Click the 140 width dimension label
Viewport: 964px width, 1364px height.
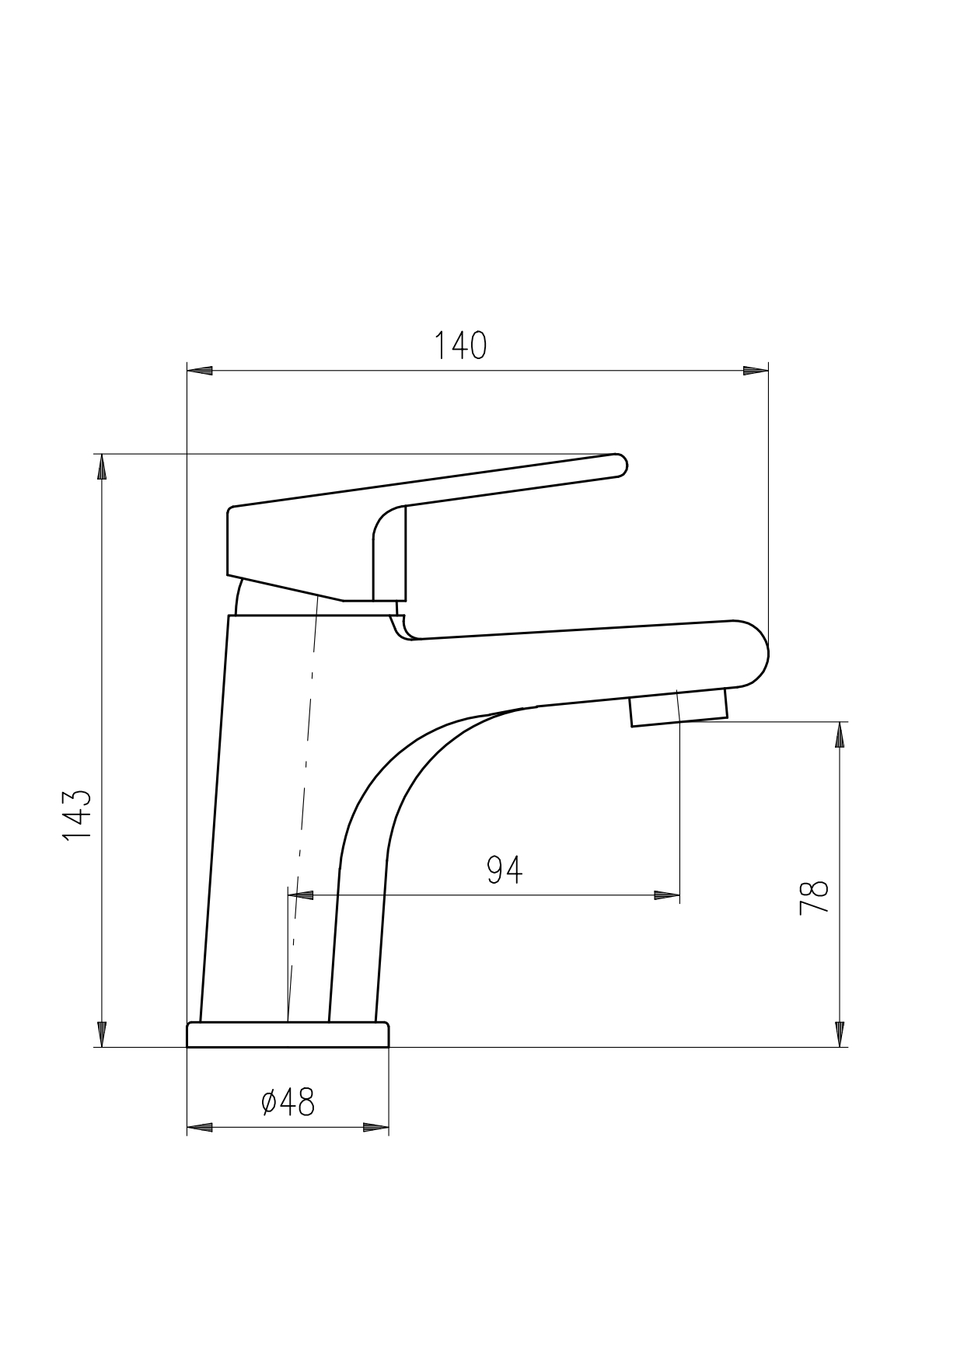[x=460, y=346]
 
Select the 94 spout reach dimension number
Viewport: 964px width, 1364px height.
[x=505, y=870]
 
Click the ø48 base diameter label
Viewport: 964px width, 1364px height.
[x=288, y=1102]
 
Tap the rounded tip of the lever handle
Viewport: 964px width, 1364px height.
[x=620, y=464]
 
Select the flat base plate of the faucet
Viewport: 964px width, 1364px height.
[x=288, y=1034]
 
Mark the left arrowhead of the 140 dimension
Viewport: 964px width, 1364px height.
[x=200, y=371]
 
